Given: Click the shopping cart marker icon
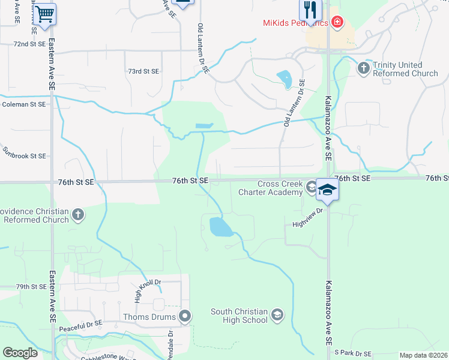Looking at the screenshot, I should point(44,13).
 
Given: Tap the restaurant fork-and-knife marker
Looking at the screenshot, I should point(310,9).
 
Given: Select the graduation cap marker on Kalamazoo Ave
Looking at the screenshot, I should point(327,190).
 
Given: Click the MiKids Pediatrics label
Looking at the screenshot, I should point(295,23).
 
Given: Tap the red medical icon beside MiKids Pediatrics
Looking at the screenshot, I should point(337,23).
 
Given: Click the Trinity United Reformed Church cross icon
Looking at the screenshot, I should point(363,68).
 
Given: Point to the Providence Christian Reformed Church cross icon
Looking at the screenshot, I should point(77,214).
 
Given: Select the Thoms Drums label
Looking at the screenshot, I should point(149,316).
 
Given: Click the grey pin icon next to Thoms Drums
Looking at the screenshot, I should point(185,316).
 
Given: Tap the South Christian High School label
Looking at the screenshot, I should point(239,316).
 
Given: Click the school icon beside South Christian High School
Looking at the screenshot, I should point(277,314).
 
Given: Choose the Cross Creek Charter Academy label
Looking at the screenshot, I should point(279,188).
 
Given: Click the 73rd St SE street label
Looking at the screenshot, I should point(143,71).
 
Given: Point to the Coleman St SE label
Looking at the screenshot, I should point(24,104).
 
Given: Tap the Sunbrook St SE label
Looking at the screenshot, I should point(24,156).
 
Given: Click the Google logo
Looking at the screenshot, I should point(20,353).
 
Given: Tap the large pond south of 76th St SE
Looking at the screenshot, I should point(220,227).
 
